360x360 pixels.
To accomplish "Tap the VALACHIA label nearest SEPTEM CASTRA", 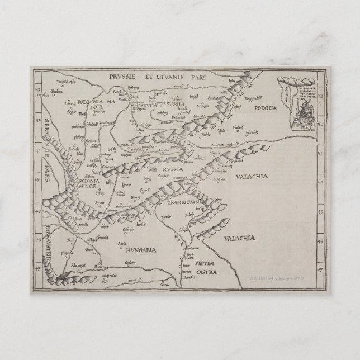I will click(x=239, y=239).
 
